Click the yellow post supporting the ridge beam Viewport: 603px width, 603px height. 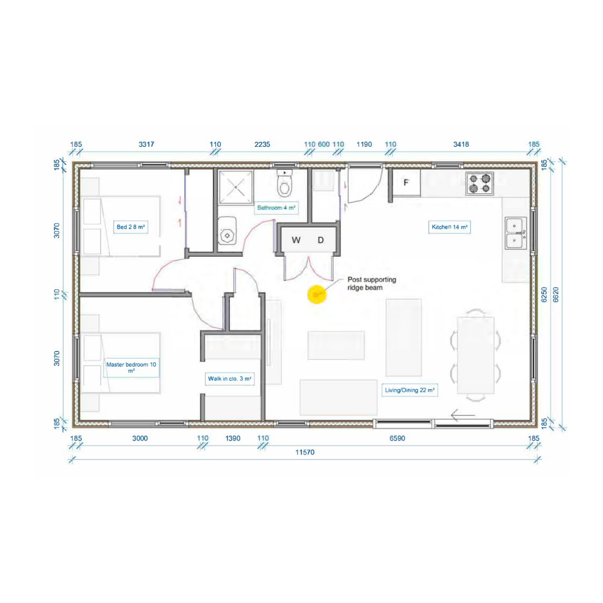coord(317,295)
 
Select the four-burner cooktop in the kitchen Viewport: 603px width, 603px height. coord(480,184)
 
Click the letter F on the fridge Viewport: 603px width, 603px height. coord(406,183)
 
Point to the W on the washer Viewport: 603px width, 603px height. coord(296,240)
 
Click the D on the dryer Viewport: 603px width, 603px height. coord(320,240)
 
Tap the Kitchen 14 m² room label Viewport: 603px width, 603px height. coord(449,227)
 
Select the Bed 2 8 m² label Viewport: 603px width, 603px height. coord(131,227)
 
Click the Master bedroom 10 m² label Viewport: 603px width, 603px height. coord(131,367)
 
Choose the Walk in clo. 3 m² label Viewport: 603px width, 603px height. coord(229,379)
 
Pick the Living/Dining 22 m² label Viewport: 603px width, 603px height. coord(410,390)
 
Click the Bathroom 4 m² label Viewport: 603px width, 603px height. coord(276,208)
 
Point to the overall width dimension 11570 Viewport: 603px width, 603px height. coord(305,452)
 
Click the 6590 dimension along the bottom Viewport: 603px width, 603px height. coord(398,438)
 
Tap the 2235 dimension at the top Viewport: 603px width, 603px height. coord(262,145)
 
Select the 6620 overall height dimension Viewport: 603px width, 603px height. coord(556,295)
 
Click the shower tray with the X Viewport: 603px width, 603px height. coord(236,187)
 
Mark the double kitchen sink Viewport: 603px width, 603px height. coord(515,233)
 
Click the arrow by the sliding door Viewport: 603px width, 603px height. coord(463,415)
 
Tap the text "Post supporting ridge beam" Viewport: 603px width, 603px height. coord(371,284)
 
